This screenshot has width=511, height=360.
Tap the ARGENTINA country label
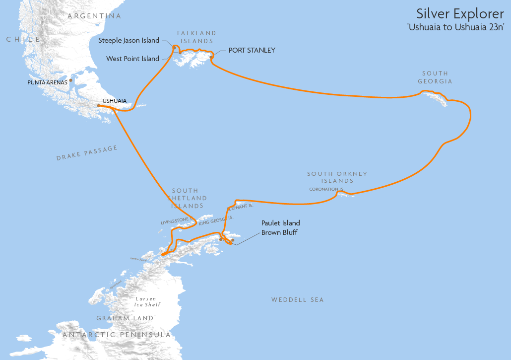(x=94, y=16)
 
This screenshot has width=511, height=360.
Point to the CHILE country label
(x=23, y=39)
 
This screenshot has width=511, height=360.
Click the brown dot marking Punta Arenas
(x=71, y=80)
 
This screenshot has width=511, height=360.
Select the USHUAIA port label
(x=114, y=101)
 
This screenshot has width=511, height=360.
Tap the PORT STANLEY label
(x=252, y=50)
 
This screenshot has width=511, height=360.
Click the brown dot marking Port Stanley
(x=211, y=57)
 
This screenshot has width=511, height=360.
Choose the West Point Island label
(x=133, y=59)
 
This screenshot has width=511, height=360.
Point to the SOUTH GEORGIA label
(x=435, y=77)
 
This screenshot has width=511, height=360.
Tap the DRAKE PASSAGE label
(x=87, y=153)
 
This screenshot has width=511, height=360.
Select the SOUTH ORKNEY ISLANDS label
(x=337, y=177)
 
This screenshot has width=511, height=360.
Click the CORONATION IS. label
(x=326, y=189)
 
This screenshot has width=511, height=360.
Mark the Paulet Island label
(x=280, y=223)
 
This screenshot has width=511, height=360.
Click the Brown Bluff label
(x=279, y=232)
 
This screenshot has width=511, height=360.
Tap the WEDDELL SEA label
(x=297, y=299)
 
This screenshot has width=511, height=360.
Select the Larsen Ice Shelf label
(x=148, y=301)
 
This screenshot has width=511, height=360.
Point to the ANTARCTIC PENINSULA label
(x=117, y=335)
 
